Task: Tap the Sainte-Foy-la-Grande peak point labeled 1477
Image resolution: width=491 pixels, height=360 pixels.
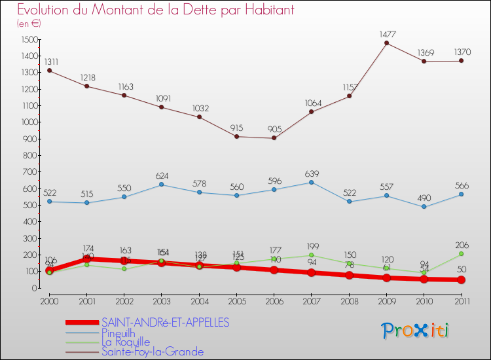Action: click(386, 43)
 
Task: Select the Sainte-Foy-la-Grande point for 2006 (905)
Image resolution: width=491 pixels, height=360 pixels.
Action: click(274, 137)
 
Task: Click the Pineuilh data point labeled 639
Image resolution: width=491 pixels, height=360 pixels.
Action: click(311, 182)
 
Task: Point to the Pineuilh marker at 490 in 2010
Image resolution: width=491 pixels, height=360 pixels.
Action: click(424, 207)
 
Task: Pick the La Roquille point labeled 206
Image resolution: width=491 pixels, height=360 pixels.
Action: click(461, 254)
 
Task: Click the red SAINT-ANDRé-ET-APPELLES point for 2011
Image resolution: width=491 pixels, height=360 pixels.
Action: click(461, 279)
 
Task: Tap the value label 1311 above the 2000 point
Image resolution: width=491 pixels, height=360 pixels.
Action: click(49, 61)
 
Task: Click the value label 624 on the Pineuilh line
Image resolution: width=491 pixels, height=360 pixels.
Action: click(161, 175)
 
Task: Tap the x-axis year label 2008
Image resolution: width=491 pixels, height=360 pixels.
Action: click(349, 301)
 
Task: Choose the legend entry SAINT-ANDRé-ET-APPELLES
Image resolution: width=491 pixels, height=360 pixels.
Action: click(166, 323)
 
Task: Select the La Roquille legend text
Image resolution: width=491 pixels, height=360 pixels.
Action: click(126, 342)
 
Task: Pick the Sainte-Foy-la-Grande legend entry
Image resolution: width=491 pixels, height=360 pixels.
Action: click(153, 352)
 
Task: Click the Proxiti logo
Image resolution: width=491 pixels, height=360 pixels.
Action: click(416, 331)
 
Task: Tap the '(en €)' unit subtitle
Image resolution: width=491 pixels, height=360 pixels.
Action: click(29, 24)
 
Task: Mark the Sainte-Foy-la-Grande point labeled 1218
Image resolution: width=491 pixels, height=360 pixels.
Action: click(86, 86)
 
